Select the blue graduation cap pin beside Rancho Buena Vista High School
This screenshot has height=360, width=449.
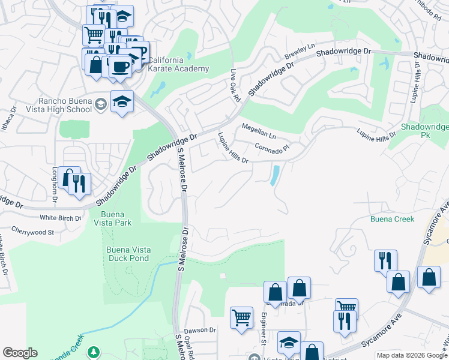[x=122, y=103]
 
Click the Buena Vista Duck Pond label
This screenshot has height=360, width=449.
[x=128, y=254]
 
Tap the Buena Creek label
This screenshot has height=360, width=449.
[x=392, y=219]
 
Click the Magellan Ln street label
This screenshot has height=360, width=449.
[x=258, y=128]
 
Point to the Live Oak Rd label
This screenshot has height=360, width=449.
[x=235, y=85]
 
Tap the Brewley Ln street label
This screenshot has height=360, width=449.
[x=300, y=52]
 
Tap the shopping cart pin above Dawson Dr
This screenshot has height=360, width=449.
[x=241, y=317]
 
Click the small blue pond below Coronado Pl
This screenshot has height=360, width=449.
[x=275, y=175]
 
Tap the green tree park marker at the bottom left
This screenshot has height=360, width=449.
[x=93, y=352]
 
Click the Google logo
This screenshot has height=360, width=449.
[x=20, y=353]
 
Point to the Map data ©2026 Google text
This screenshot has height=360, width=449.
[x=411, y=355]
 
